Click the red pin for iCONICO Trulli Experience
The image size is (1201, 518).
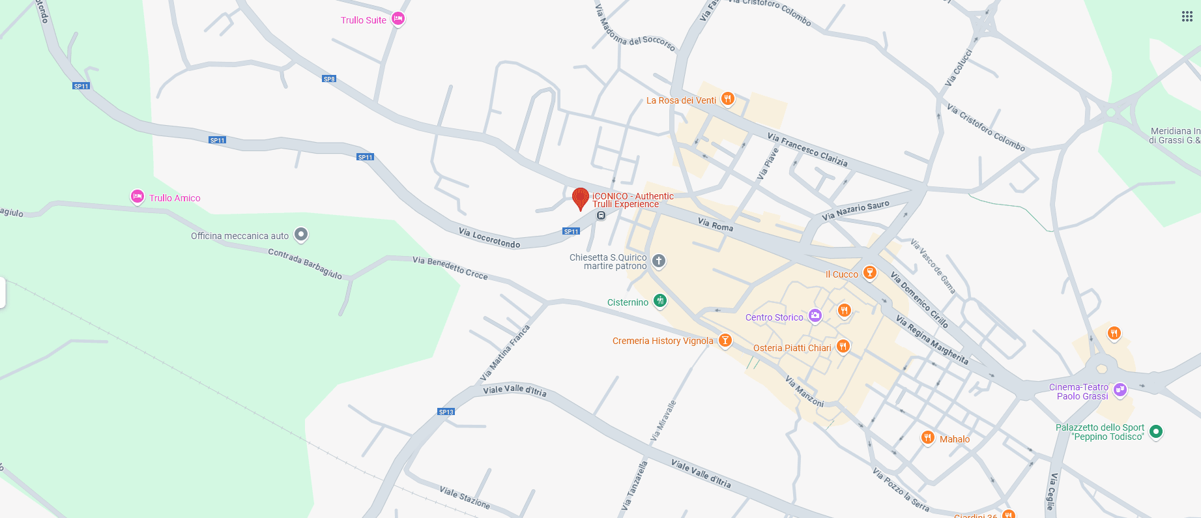coord(580,197)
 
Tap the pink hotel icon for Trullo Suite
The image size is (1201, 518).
coord(398,19)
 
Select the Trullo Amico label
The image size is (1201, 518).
coord(175,198)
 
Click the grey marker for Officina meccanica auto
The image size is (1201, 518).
coord(300,234)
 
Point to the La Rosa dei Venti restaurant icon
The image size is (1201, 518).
coord(728,99)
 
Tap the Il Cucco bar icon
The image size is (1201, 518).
coord(869,272)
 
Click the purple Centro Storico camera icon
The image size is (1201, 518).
coord(815,316)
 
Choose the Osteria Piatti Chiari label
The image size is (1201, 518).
coord(792,348)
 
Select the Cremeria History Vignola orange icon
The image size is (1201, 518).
coord(725,340)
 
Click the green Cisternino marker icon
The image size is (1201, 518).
coord(660,300)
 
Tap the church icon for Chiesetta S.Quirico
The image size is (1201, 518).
coord(659,261)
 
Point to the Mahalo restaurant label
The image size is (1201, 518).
coord(954,439)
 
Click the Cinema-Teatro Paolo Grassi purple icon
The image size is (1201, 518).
coord(1120,390)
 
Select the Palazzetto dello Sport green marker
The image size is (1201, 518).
coord(1156,431)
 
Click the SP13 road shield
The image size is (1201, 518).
coord(446,412)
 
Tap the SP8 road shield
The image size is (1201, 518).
coord(329,79)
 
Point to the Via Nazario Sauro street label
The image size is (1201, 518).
coord(855,210)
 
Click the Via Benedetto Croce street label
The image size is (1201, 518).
coord(450,267)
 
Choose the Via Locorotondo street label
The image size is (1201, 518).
coord(489,238)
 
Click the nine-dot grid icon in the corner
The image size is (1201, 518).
coord(1187,16)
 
